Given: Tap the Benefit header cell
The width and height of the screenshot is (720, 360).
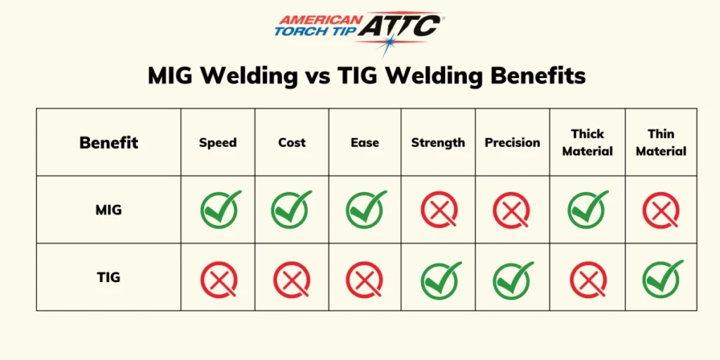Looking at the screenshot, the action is [x=108, y=142].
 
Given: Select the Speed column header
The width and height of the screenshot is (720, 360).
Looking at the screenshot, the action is [x=218, y=142].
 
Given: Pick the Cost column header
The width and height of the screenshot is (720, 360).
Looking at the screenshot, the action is [x=292, y=142].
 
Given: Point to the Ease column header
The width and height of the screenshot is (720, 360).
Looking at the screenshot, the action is [x=365, y=142].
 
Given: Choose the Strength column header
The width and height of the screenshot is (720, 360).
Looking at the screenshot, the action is [x=438, y=142].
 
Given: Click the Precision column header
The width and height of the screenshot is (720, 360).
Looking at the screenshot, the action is [x=513, y=142].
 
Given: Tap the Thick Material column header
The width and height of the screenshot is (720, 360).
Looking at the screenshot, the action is [x=588, y=142].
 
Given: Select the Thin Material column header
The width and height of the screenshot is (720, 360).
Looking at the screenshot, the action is [x=661, y=142].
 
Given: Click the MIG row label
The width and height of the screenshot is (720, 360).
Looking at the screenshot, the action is [x=108, y=210].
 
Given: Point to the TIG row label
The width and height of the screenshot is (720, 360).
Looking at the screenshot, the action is [x=108, y=277].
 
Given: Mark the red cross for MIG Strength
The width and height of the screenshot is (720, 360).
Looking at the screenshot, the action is [x=439, y=210].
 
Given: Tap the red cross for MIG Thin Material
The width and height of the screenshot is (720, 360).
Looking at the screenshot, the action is [x=661, y=210].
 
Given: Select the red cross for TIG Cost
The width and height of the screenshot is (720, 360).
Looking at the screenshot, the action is [x=292, y=279].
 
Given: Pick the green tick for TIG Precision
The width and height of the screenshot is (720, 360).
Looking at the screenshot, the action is [x=513, y=279].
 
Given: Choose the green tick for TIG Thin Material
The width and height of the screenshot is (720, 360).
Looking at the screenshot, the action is [x=662, y=278].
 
